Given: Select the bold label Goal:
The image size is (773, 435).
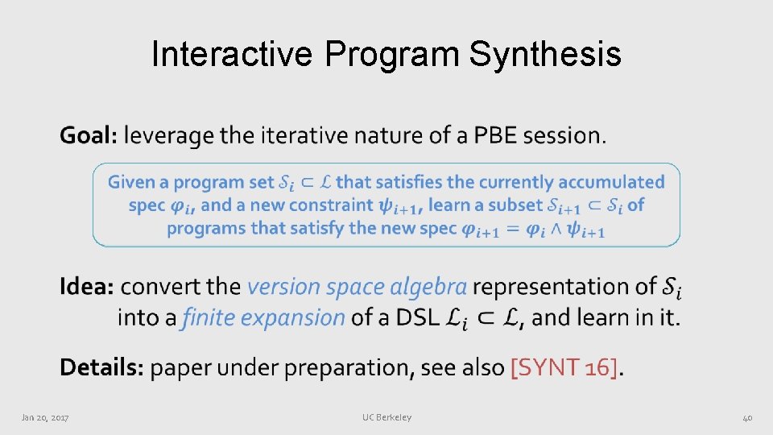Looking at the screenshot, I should click(x=89, y=135).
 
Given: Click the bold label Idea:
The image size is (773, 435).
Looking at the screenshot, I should click(x=87, y=286).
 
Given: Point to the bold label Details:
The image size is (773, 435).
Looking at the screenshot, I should click(x=101, y=367).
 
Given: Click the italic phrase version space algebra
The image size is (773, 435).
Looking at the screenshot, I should click(x=357, y=286).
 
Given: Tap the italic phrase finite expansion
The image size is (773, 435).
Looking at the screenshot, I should click(x=264, y=317).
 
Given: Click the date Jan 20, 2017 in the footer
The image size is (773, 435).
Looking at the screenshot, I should click(x=45, y=417).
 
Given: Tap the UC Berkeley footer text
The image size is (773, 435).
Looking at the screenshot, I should click(x=386, y=417).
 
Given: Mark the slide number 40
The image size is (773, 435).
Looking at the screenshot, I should click(x=746, y=417).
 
